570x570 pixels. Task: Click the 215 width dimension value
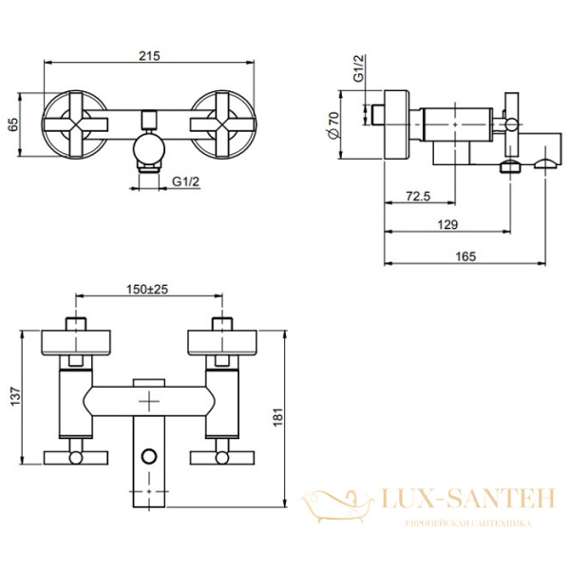[149, 56]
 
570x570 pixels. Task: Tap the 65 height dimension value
[13, 124]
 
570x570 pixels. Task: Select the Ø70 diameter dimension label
[333, 124]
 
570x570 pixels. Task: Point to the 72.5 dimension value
[418, 197]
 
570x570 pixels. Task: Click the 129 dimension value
[447, 224]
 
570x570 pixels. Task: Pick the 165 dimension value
[465, 256]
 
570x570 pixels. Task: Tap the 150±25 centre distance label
[147, 290]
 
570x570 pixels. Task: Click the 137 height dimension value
[15, 396]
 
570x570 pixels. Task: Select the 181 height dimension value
[278, 417]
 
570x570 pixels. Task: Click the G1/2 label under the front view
[186, 181]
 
